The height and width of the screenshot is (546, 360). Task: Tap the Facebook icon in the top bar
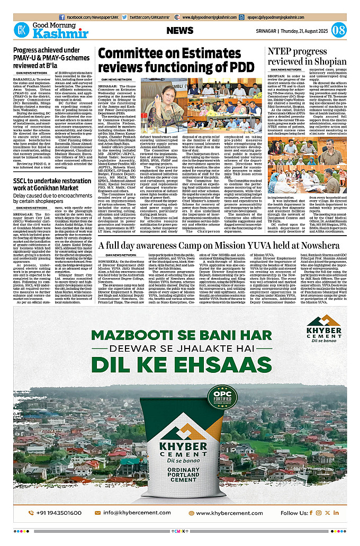click(x=62, y=17)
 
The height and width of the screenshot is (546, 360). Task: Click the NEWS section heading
click(x=180, y=31)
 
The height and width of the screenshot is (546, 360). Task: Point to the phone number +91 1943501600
click(x=54, y=513)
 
